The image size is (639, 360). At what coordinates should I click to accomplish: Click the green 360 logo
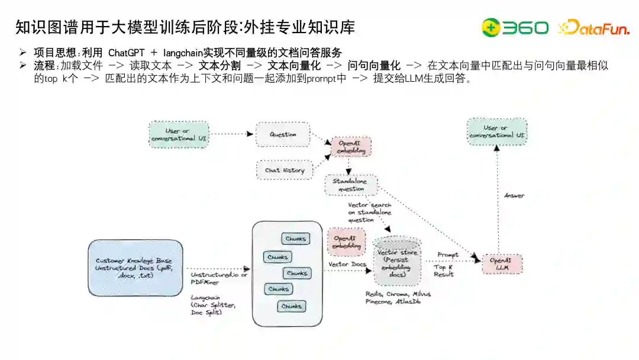click(514, 27)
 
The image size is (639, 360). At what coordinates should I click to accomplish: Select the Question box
click(283, 134)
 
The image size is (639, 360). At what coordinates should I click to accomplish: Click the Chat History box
click(285, 170)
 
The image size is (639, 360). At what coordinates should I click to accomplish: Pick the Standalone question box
click(351, 185)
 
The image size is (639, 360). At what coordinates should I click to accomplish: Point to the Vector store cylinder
click(397, 261)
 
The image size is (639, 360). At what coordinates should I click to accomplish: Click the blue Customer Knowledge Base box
click(135, 268)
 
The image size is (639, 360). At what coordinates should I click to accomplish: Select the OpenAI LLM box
click(502, 264)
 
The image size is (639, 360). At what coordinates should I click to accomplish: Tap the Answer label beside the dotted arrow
click(514, 195)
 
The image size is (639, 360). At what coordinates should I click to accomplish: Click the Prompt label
click(448, 255)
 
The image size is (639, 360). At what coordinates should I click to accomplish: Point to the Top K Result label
click(444, 271)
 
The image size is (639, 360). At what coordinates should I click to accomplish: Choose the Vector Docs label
click(347, 264)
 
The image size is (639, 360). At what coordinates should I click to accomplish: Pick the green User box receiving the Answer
click(497, 131)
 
